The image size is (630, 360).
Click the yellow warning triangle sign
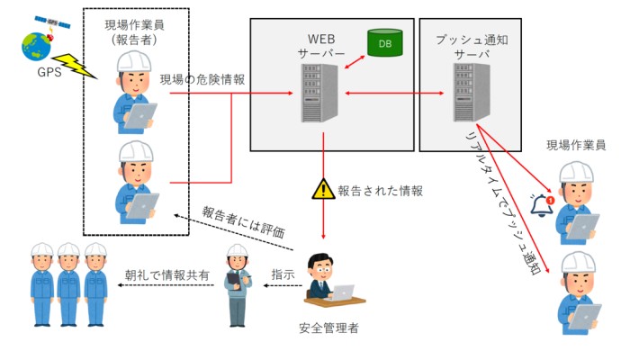tap(322, 189)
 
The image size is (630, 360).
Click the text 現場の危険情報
tap(202, 79)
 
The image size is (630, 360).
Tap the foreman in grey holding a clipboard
tap(236, 284)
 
